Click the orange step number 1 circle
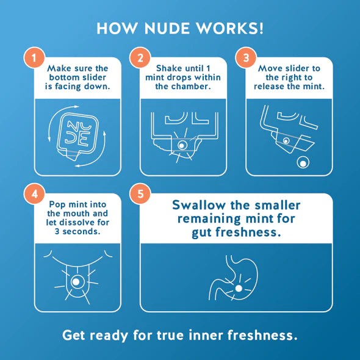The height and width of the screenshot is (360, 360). click(35, 59)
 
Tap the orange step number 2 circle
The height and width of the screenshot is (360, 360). click(140, 59)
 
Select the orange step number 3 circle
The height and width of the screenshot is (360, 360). click(246, 59)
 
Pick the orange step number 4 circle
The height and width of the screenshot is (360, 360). click(35, 196)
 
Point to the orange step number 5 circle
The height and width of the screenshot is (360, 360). click(140, 195)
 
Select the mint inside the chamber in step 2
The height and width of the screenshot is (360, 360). click(181, 146)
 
